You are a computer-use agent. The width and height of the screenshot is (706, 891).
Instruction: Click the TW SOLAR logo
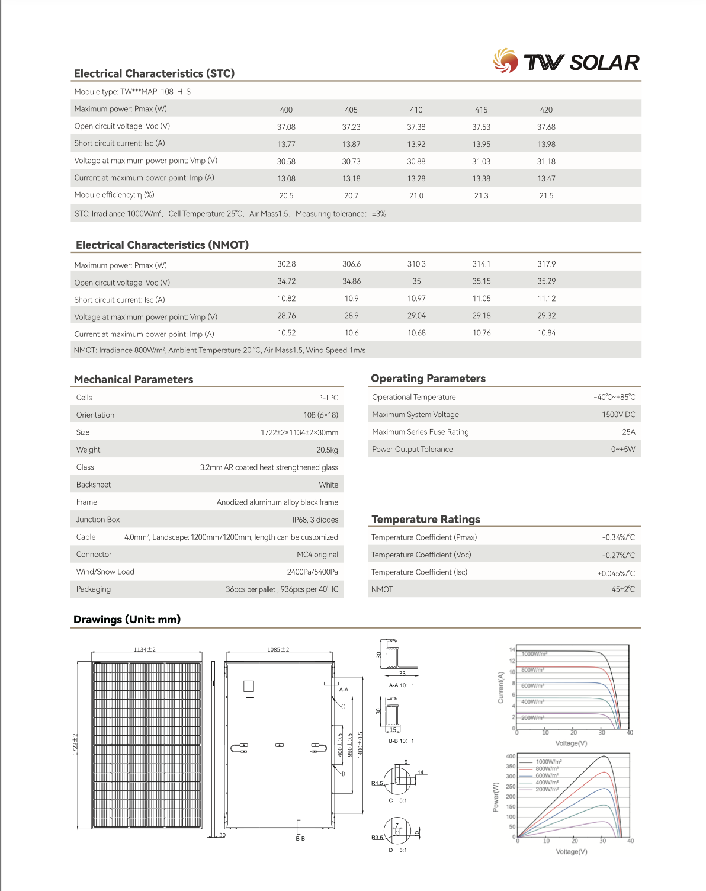(566, 62)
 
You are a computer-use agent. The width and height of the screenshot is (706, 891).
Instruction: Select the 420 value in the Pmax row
(546, 110)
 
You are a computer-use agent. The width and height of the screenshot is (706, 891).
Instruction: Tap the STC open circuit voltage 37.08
(286, 127)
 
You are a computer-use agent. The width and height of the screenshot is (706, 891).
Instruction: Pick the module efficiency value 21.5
(546, 195)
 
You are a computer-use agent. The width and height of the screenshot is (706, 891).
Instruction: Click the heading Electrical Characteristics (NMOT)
(162, 245)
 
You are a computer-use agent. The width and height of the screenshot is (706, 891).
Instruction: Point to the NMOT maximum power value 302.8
(287, 264)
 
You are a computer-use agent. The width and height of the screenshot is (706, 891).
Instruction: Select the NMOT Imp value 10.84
(547, 333)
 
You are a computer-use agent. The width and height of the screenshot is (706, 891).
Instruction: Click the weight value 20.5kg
(327, 450)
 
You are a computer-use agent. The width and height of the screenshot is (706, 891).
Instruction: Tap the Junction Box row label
(98, 520)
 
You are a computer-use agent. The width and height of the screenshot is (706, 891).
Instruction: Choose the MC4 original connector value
(317, 555)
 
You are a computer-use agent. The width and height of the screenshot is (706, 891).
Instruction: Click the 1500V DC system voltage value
(618, 415)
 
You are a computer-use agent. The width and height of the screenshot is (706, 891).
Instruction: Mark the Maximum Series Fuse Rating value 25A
(628, 432)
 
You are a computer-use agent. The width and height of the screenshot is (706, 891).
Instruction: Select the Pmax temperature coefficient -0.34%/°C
(618, 537)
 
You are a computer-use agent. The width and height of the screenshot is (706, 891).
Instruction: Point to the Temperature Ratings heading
(426, 519)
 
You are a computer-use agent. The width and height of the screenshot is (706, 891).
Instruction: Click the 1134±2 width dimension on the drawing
(145, 649)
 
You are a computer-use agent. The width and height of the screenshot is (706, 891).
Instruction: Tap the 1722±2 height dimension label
(75, 744)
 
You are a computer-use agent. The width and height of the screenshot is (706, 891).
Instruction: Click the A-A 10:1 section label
(401, 685)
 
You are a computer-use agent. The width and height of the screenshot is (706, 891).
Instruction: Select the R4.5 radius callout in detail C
(377, 783)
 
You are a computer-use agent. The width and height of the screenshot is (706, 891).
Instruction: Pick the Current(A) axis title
(500, 688)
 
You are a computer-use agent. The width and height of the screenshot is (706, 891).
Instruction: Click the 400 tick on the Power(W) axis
(511, 757)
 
